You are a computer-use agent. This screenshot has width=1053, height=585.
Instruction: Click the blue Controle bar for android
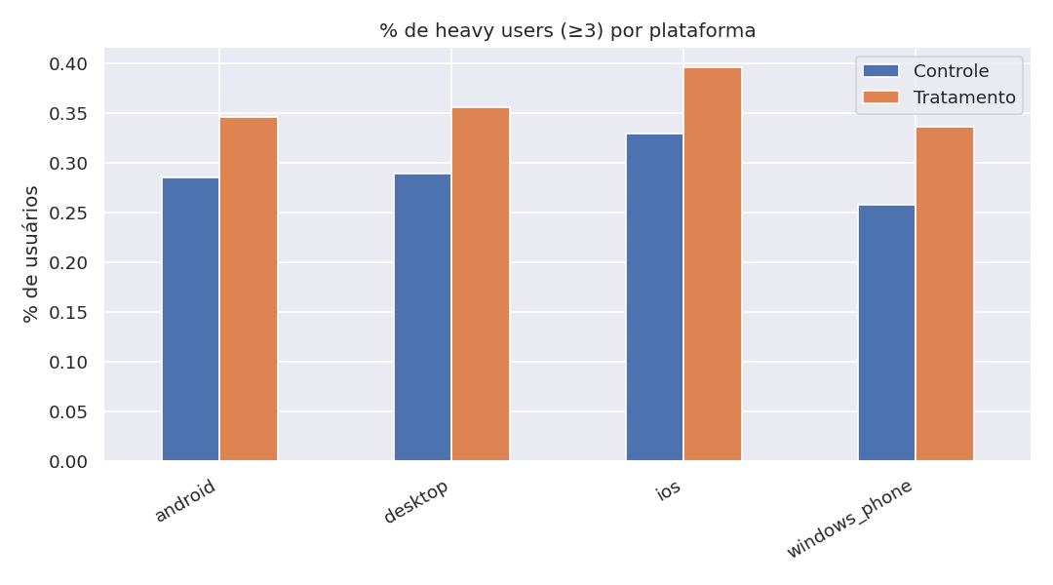pyautogui.click(x=190, y=319)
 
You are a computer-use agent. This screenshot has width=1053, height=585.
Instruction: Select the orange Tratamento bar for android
pyautogui.click(x=249, y=289)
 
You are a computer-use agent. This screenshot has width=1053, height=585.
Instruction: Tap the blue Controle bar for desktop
pyautogui.click(x=422, y=317)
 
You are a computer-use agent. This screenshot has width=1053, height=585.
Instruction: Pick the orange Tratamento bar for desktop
pyautogui.click(x=481, y=284)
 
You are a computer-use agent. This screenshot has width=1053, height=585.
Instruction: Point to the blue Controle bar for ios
pyautogui.click(x=654, y=297)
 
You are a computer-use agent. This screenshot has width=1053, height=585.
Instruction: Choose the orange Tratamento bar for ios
pyautogui.click(x=713, y=264)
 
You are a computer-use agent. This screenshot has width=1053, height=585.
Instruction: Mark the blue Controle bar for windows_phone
pyautogui.click(x=886, y=332)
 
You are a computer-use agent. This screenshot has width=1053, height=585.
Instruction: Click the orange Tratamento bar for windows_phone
pyautogui.click(x=945, y=293)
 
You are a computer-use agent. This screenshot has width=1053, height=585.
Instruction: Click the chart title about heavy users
pyautogui.click(x=567, y=30)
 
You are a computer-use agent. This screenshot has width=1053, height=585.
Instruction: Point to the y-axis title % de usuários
pyautogui.click(x=31, y=253)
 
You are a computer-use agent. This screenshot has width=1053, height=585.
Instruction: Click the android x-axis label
pyautogui.click(x=185, y=501)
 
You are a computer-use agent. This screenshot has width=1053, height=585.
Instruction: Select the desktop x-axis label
pyautogui.click(x=416, y=502)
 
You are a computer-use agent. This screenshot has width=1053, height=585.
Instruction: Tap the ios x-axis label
pyautogui.click(x=668, y=490)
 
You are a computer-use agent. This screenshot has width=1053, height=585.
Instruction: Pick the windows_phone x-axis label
pyautogui.click(x=850, y=519)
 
